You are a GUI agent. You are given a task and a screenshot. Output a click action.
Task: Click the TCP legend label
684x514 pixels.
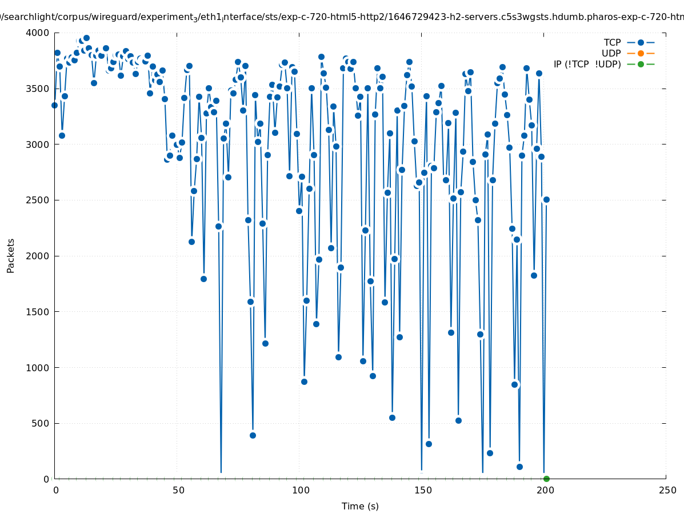click(x=613, y=43)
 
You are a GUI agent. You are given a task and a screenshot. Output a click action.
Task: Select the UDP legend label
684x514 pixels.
click(x=611, y=54)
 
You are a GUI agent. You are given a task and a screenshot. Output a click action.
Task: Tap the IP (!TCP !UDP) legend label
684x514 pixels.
click(x=587, y=65)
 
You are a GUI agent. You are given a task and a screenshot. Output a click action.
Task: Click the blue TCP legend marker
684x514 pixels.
click(x=641, y=43)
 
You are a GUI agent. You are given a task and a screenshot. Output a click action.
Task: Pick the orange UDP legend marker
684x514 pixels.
click(x=641, y=54)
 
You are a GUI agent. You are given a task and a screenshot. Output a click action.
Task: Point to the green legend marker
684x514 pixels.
click(x=641, y=65)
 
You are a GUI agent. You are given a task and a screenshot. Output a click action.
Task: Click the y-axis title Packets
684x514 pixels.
click(x=11, y=255)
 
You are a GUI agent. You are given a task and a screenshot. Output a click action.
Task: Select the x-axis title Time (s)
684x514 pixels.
click(x=360, y=507)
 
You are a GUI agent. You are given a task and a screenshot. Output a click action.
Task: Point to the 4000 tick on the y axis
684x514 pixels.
click(x=38, y=33)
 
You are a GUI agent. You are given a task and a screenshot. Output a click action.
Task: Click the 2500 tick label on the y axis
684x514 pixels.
click(x=38, y=200)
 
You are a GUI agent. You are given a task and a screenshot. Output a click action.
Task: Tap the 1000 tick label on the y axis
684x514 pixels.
click(x=38, y=368)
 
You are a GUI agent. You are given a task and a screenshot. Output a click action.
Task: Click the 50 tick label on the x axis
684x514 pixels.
click(x=178, y=491)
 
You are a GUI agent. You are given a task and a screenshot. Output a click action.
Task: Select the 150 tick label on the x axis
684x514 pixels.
click(x=422, y=491)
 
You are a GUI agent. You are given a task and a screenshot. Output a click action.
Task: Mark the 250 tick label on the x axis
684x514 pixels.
click(x=666, y=491)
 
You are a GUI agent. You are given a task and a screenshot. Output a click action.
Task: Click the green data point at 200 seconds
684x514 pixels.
click(x=546, y=479)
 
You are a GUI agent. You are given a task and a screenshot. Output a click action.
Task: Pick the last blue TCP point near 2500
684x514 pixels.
click(x=546, y=199)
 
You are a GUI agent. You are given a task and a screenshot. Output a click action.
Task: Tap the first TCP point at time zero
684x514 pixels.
click(x=55, y=105)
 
